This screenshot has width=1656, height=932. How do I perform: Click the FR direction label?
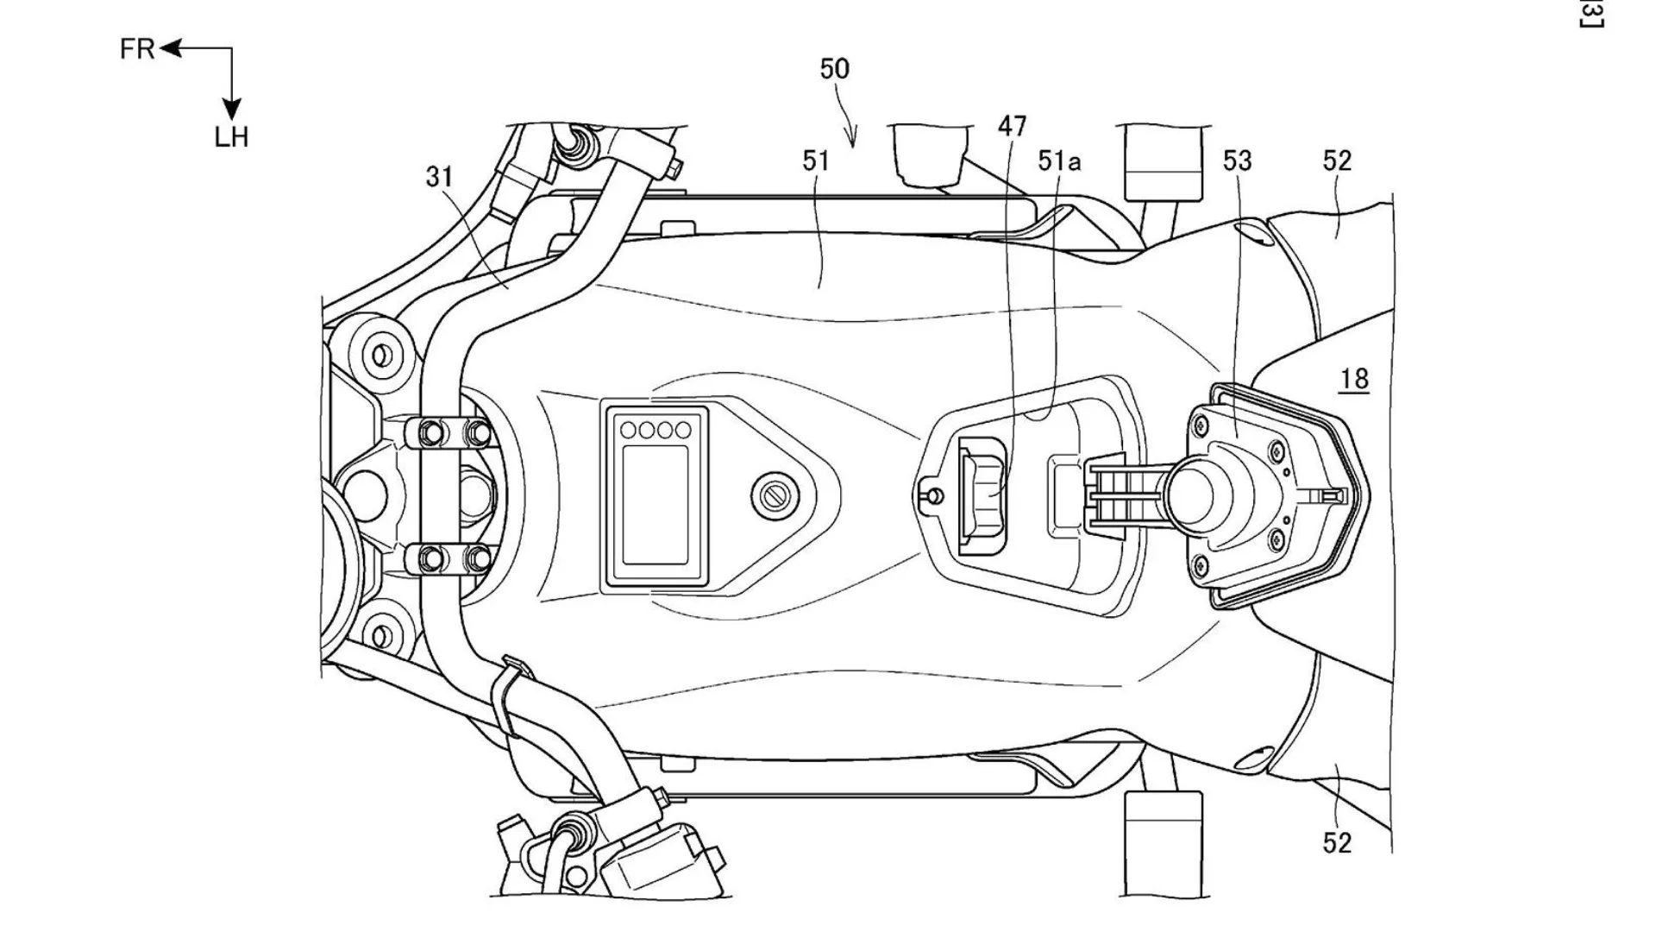coord(137,49)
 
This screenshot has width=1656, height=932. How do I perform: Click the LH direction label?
coord(231,137)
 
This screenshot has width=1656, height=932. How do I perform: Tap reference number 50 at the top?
coord(834,69)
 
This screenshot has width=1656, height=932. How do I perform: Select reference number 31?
coord(439,177)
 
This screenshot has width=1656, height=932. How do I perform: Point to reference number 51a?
coord(1059,161)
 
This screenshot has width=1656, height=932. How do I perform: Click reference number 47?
coord(1012,127)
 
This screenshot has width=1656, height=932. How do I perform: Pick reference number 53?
coord(1237,161)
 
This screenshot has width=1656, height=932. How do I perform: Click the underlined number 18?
coord(1354,379)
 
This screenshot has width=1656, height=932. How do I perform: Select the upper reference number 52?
coord(1337,161)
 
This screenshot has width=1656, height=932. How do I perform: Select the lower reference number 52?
coord(1337,842)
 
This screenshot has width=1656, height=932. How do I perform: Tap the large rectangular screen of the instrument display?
coord(655,505)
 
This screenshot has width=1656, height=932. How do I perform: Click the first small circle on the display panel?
coord(628,429)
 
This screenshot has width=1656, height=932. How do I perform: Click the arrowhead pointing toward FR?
coord(168,49)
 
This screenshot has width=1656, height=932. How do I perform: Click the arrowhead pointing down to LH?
coord(231,109)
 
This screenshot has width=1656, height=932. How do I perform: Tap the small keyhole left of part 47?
coord(931,495)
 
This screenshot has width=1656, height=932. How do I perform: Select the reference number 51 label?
coord(815,161)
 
